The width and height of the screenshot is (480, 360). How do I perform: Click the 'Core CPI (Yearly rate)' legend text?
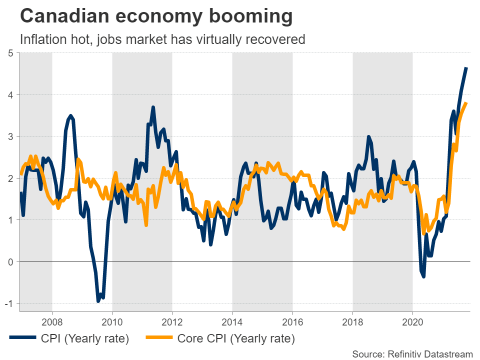236,338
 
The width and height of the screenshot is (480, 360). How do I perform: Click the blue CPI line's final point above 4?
466,67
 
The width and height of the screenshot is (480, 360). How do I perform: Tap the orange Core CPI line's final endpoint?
466,103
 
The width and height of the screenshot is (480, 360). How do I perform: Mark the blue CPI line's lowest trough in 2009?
98,301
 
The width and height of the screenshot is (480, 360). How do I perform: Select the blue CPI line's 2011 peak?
153,107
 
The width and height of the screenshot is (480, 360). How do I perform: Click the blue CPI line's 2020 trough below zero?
423,276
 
